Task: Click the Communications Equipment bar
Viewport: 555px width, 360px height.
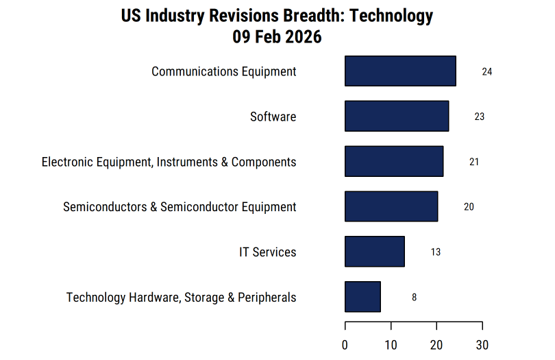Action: pyautogui.click(x=400, y=71)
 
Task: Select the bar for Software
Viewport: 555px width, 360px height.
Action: pyautogui.click(x=397, y=116)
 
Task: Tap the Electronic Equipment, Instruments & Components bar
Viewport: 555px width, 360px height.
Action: pyautogui.click(x=394, y=162)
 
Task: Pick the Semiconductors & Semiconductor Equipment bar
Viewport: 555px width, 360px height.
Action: pyautogui.click(x=391, y=206)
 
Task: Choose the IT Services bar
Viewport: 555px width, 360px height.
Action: pyautogui.click(x=375, y=252)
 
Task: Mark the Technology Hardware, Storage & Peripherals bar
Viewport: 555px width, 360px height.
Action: pyautogui.click(x=362, y=297)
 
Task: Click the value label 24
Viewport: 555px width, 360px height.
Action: pyautogui.click(x=487, y=71)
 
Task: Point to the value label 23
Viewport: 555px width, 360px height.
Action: pyautogui.click(x=480, y=117)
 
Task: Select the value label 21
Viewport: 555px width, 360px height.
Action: pyautogui.click(x=474, y=162)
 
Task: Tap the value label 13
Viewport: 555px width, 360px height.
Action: pyautogui.click(x=436, y=252)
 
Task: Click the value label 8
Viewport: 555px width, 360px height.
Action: pyautogui.click(x=414, y=298)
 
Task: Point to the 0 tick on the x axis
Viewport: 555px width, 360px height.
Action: pyautogui.click(x=345, y=345)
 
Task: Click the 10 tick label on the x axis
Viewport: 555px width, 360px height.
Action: pyautogui.click(x=391, y=345)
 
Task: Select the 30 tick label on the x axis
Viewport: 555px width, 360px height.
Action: pyautogui.click(x=482, y=345)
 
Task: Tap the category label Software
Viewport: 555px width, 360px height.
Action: pyautogui.click(x=273, y=117)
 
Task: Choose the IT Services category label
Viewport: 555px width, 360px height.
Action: pyautogui.click(x=268, y=252)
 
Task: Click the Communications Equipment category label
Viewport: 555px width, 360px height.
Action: pyautogui.click(x=224, y=71)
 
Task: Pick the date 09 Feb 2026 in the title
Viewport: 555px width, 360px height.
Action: pyautogui.click(x=277, y=37)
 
